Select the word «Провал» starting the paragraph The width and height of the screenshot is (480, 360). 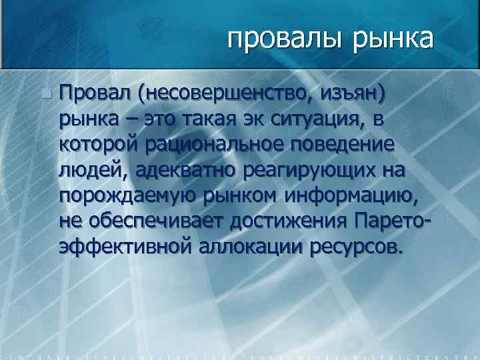click(x=95, y=94)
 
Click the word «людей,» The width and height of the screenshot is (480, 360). click(x=93, y=170)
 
